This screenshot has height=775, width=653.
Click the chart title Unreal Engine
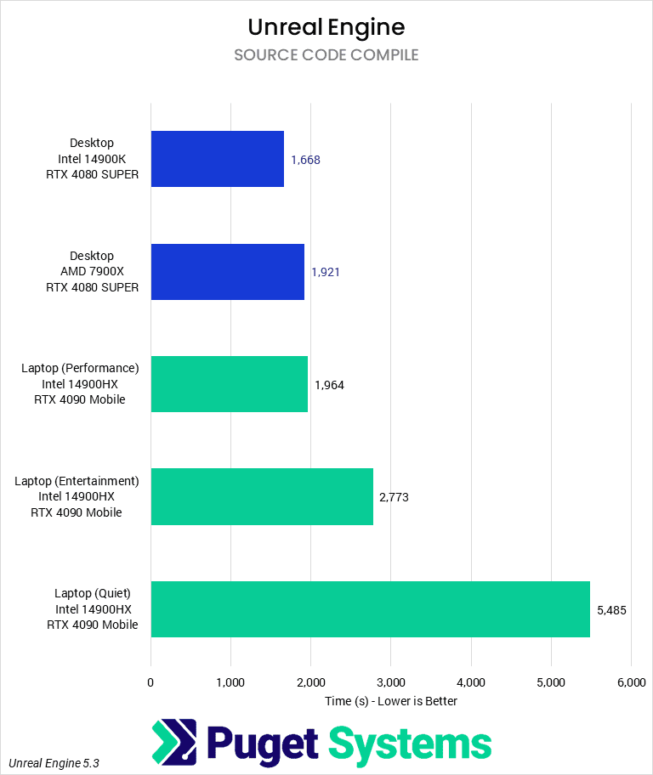point(326,27)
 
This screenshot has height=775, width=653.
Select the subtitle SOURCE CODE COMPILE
point(326,55)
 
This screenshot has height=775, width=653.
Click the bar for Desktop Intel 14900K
point(217,159)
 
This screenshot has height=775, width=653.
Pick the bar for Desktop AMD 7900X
point(227,272)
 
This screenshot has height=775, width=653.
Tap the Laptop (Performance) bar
point(229,384)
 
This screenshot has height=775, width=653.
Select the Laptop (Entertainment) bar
point(262,496)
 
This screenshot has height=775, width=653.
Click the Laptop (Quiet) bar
point(370,608)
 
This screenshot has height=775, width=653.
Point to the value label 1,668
point(305,160)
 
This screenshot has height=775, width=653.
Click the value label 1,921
point(326,272)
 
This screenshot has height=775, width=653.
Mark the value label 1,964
point(329,385)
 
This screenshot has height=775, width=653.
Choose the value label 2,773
point(394,497)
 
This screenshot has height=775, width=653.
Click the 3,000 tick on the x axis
point(390,682)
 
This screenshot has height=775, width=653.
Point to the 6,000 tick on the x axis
point(630,682)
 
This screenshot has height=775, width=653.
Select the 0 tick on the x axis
point(150,682)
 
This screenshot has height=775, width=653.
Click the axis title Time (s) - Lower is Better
point(391,701)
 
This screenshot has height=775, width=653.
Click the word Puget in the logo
point(263,744)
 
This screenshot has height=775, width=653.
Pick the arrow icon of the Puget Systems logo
point(174,743)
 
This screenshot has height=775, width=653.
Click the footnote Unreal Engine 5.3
point(54,763)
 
